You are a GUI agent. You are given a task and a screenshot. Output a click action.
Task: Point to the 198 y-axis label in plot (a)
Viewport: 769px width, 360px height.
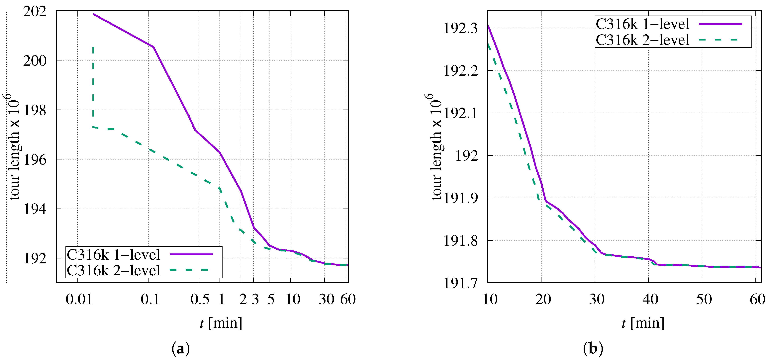35,110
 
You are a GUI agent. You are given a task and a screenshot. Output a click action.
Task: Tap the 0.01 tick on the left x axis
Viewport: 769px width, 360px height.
79,299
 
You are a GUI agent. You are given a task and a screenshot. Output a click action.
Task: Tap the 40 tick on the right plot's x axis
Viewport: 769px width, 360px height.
650,299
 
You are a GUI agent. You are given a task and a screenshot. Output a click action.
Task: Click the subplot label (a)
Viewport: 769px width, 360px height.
181,348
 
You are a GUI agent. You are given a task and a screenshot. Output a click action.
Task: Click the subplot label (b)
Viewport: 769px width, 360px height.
593,348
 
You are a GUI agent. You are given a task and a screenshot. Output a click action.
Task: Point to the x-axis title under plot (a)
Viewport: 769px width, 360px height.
221,323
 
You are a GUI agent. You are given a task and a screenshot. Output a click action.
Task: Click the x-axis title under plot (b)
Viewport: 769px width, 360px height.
643,323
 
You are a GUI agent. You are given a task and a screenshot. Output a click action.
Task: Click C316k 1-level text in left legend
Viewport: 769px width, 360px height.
113,255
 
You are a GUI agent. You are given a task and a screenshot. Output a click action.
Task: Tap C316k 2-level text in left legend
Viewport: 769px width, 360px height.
113,270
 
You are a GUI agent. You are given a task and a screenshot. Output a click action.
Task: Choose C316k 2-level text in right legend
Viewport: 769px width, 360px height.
642,40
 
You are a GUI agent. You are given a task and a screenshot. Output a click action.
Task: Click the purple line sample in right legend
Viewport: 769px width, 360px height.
720,24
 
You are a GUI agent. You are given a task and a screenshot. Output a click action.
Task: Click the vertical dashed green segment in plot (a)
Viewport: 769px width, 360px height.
93,87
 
